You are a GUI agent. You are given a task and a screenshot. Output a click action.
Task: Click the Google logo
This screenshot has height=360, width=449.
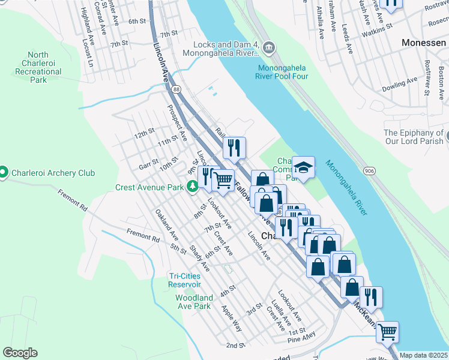click(20, 353)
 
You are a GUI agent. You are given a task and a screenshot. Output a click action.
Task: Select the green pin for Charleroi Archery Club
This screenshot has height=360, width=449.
click(4, 173)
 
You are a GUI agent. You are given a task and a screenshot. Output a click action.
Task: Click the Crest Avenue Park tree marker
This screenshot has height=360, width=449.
click(193, 187)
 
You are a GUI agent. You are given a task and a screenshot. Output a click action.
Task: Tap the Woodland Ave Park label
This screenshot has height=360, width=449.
click(194, 302)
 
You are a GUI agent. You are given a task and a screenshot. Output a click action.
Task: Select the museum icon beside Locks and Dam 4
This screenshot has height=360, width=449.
click(268, 47)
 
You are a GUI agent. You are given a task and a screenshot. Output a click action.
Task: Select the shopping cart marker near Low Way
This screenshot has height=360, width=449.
click(387, 330)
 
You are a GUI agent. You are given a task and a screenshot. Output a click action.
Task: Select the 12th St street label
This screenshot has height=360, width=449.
click(144, 133)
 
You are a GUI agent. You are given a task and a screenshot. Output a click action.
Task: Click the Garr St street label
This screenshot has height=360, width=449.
click(148, 163)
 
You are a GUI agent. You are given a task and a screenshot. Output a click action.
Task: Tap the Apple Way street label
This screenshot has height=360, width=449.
click(232, 319)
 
